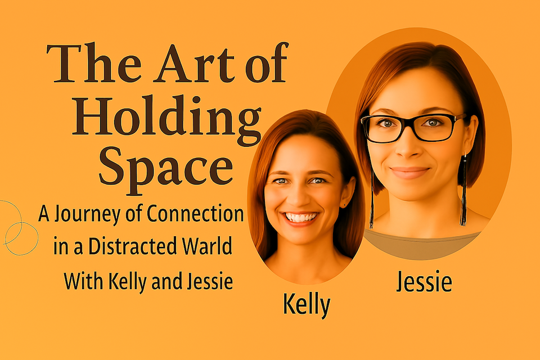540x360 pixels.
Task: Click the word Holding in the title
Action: tap(166, 119)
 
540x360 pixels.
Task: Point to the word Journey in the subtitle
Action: tap(88, 215)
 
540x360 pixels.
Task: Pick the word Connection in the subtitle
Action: tap(195, 213)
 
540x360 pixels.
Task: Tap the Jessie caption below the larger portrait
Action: tap(424, 281)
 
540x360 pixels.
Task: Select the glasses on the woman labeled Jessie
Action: tap(412, 128)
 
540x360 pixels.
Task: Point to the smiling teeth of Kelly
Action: tap(300, 217)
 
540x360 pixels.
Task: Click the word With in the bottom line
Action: tap(83, 281)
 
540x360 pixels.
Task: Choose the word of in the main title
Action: tap(267, 62)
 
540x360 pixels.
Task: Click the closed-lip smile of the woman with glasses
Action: tap(410, 172)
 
